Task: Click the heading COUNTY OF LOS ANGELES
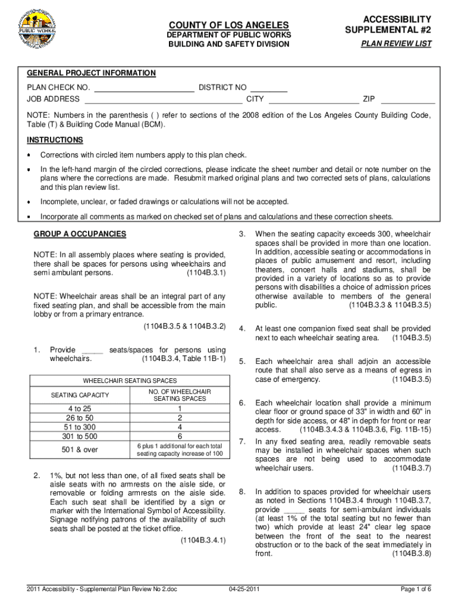(x=229, y=25)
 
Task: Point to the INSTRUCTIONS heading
(x=55, y=140)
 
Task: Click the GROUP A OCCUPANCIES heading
(x=80, y=234)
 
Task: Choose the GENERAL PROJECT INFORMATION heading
(x=91, y=73)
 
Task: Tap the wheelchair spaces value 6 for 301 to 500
(x=179, y=436)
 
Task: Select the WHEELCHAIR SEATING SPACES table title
(x=130, y=379)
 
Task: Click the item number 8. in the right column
(x=242, y=492)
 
